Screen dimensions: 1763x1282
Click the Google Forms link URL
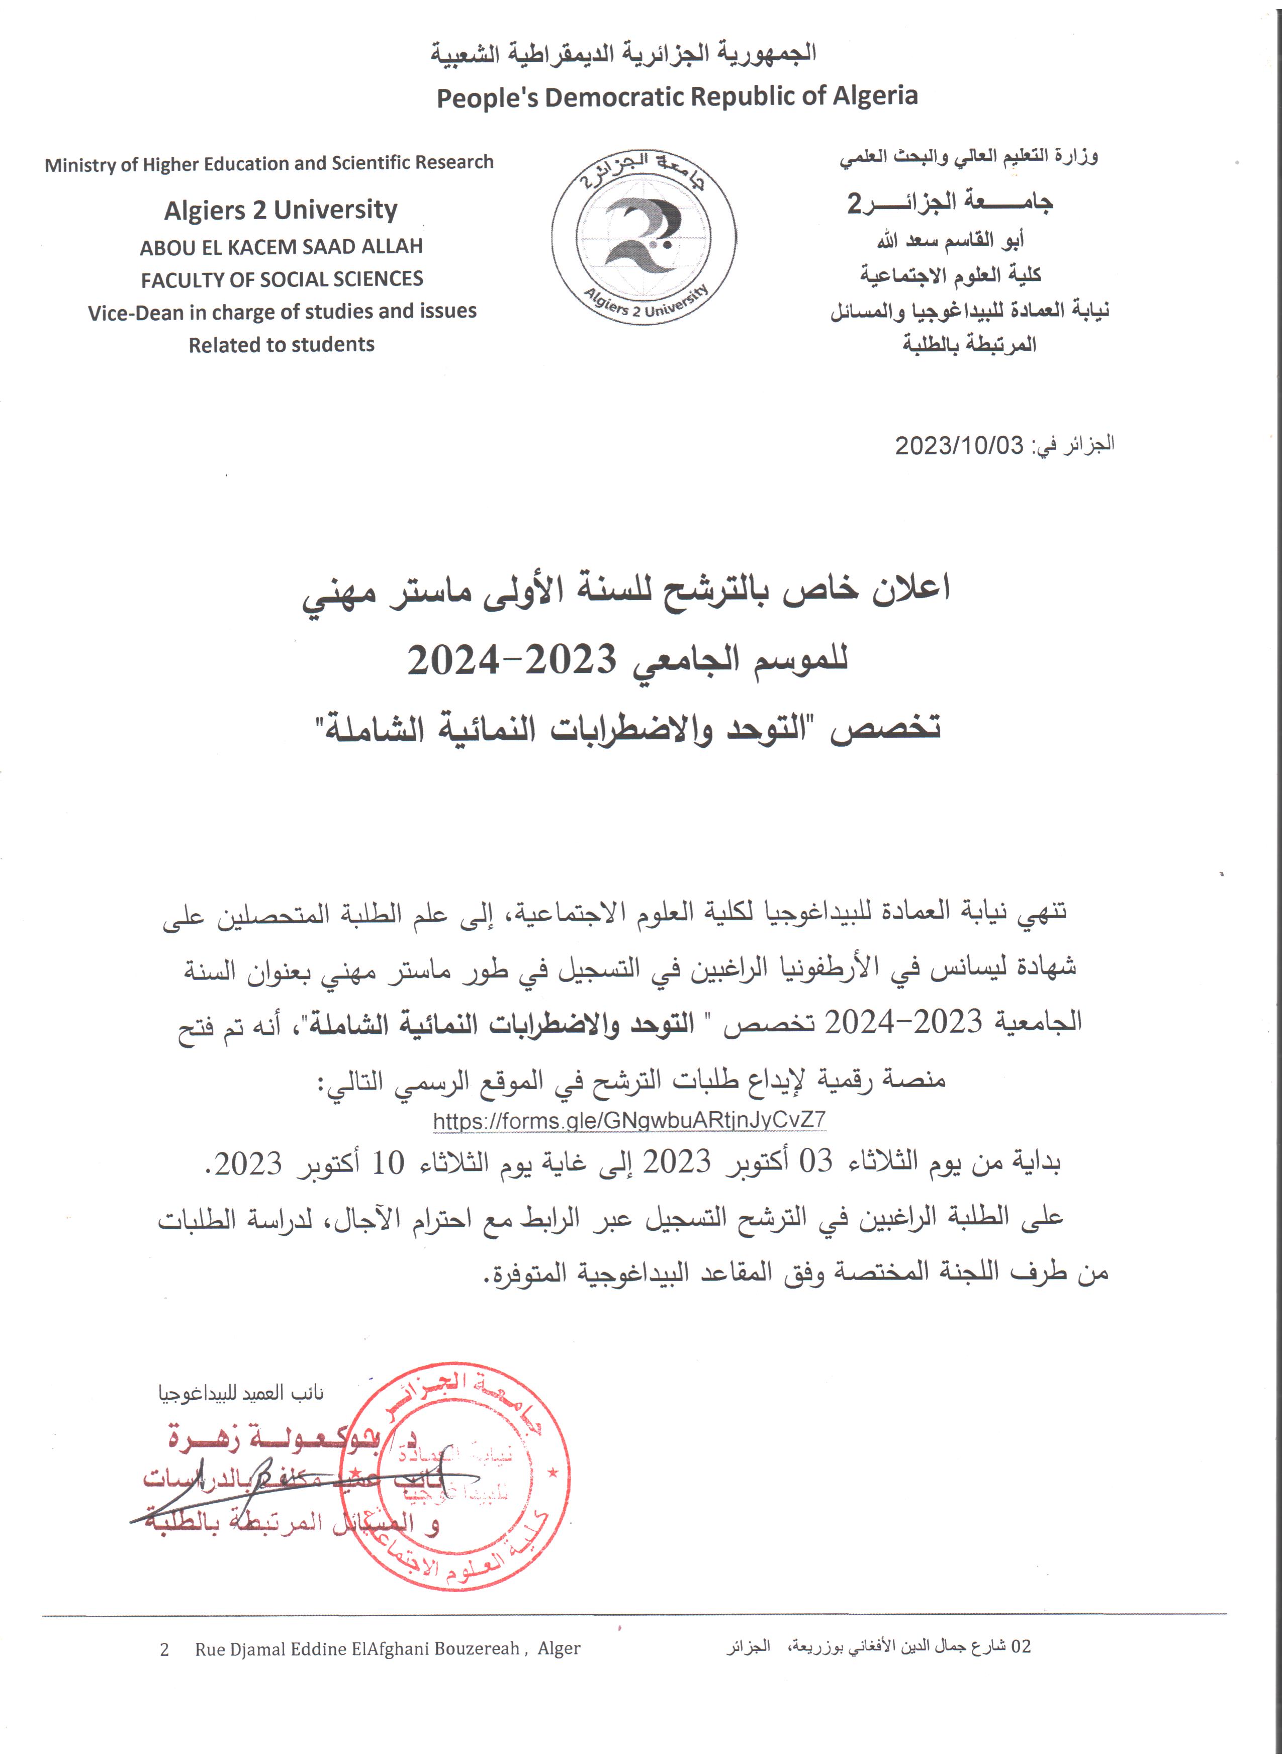(x=629, y=1120)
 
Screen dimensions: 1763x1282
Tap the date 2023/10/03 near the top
(x=959, y=445)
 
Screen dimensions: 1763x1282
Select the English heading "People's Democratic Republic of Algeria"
(x=676, y=97)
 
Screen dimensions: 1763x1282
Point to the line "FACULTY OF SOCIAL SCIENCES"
(x=282, y=279)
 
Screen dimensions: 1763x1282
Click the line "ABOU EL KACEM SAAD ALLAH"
(x=282, y=247)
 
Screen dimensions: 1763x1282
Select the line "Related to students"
(x=282, y=344)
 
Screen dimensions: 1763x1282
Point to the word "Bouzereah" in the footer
(x=476, y=1649)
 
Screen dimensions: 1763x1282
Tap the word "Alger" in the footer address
(x=559, y=1649)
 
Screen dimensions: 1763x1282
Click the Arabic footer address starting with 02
(x=878, y=1646)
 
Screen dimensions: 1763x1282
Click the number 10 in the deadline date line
(x=388, y=1163)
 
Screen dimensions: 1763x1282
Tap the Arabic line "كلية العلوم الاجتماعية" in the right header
(x=950, y=274)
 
